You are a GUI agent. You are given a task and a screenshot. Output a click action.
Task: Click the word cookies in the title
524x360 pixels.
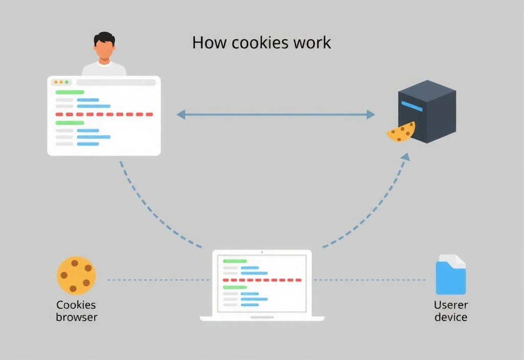260,42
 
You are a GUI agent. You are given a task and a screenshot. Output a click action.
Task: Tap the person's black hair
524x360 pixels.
104,38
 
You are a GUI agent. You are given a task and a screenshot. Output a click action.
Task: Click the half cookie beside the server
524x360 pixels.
401,132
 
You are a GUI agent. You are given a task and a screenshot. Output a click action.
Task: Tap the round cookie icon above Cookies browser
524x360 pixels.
76,275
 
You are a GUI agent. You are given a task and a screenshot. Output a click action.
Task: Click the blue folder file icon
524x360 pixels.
450,276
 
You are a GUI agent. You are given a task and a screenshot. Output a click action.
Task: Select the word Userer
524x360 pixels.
450,305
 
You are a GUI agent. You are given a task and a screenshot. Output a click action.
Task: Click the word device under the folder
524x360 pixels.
450,317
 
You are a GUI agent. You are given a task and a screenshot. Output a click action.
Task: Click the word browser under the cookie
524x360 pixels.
76,317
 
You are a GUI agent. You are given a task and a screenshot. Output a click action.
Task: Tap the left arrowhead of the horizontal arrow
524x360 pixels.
181,115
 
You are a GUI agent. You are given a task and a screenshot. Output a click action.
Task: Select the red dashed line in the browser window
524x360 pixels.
104,114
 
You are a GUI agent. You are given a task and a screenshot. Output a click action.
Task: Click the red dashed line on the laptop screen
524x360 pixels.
262,280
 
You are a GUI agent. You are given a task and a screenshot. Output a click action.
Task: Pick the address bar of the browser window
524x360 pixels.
116,82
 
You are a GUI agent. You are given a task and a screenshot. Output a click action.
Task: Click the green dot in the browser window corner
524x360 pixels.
67,82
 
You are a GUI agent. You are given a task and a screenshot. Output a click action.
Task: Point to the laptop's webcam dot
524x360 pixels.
262,252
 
